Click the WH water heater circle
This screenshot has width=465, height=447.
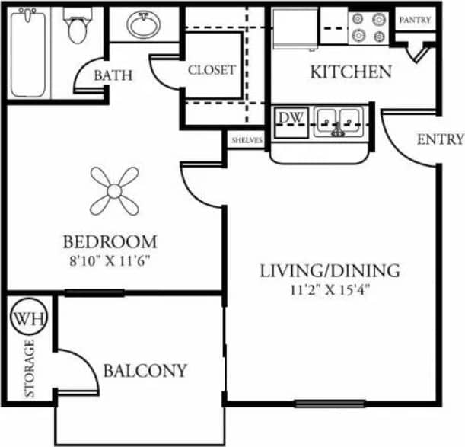[28, 317]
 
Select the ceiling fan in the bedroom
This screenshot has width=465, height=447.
[113, 190]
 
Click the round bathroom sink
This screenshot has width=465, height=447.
[142, 25]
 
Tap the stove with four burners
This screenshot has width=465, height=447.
[368, 27]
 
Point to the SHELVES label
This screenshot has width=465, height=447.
[247, 141]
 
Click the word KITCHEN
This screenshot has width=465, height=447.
[351, 72]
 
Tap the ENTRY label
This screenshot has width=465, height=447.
[440, 139]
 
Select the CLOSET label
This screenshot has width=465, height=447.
[212, 69]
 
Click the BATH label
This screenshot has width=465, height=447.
[113, 75]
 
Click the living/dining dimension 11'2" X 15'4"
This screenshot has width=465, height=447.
[330, 289]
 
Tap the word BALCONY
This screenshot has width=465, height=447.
[145, 372]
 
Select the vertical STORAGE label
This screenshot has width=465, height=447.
[30, 369]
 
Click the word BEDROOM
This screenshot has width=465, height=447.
[110, 242]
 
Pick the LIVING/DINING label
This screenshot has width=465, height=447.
[330, 270]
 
